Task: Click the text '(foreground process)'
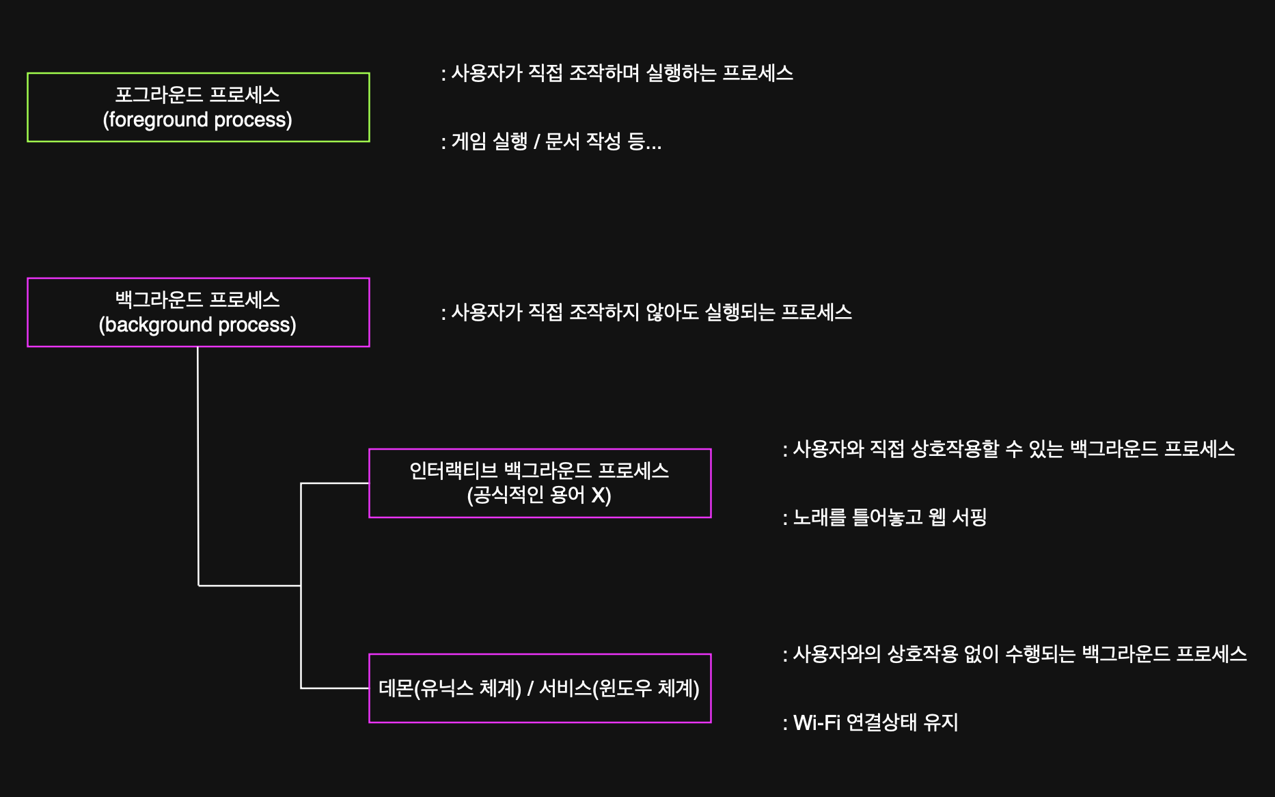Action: (197, 120)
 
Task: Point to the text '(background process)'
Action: (197, 325)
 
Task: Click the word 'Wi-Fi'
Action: (817, 722)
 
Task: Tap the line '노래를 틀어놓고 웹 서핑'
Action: (889, 517)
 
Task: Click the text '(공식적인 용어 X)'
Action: (539, 495)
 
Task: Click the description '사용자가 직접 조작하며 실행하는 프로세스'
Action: (622, 73)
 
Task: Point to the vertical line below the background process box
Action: (198, 465)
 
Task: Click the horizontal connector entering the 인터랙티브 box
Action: (335, 483)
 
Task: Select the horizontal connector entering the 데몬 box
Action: (335, 688)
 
